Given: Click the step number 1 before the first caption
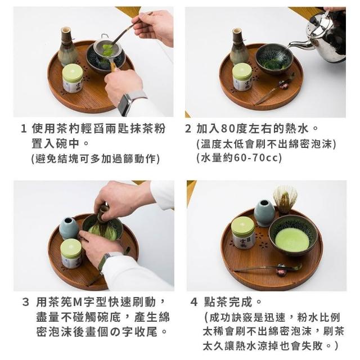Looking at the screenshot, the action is [x=24, y=129].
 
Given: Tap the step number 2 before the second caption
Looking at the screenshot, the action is [x=188, y=129].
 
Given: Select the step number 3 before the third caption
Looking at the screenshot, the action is [x=25, y=302].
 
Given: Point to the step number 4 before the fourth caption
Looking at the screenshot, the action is [x=194, y=302].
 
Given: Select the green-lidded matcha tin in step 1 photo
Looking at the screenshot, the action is [x=73, y=78].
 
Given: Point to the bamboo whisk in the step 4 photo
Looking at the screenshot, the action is [x=285, y=199].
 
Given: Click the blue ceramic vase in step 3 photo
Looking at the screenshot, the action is [x=69, y=228].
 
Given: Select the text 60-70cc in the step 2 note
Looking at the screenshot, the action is [x=256, y=158].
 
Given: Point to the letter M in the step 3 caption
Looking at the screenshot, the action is [x=77, y=302].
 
